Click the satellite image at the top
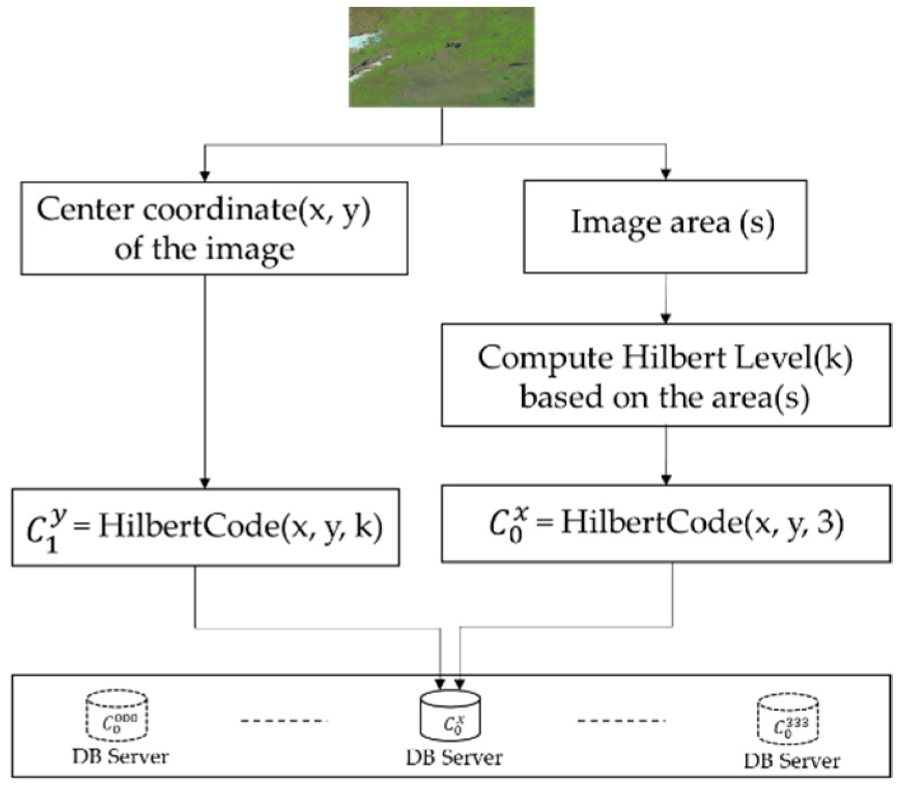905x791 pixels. [x=441, y=57]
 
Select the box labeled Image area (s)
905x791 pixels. [x=665, y=226]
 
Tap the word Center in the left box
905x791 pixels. [x=85, y=209]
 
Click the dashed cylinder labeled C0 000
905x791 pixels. [x=117, y=717]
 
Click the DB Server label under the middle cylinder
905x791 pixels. [x=453, y=758]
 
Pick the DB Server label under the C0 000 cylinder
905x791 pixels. [x=121, y=757]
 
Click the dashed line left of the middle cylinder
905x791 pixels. [x=284, y=721]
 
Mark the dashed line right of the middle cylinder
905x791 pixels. [x=621, y=721]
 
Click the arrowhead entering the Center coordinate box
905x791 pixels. [x=205, y=175]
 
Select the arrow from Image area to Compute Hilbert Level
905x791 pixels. [x=666, y=298]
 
